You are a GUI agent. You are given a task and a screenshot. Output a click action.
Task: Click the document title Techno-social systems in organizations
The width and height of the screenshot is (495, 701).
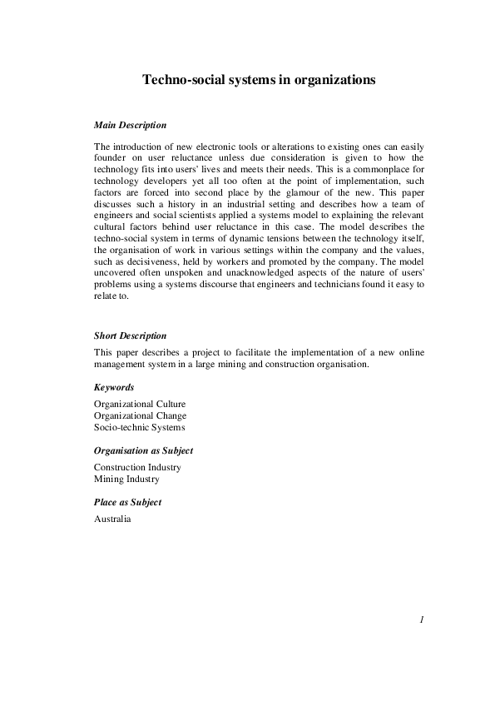(x=259, y=80)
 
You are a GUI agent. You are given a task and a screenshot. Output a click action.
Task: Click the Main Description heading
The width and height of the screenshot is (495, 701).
(x=131, y=126)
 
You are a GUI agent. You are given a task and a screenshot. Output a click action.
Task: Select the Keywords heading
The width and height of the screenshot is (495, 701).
(x=115, y=387)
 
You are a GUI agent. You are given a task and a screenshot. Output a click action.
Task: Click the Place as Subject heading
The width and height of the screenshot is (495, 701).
(x=128, y=502)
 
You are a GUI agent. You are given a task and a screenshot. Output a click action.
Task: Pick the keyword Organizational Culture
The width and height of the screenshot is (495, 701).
(x=140, y=404)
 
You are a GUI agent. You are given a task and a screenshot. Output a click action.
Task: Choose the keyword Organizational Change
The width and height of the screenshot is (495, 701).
(x=140, y=415)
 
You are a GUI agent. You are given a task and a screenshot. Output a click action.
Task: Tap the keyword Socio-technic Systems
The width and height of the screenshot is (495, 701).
(x=140, y=427)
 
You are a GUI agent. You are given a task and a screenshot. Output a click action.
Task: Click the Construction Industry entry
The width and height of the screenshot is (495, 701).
(x=137, y=467)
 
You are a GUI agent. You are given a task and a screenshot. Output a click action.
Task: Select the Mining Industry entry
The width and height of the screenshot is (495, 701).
(x=126, y=479)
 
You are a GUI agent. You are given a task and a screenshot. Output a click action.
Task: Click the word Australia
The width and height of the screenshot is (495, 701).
(x=113, y=519)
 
